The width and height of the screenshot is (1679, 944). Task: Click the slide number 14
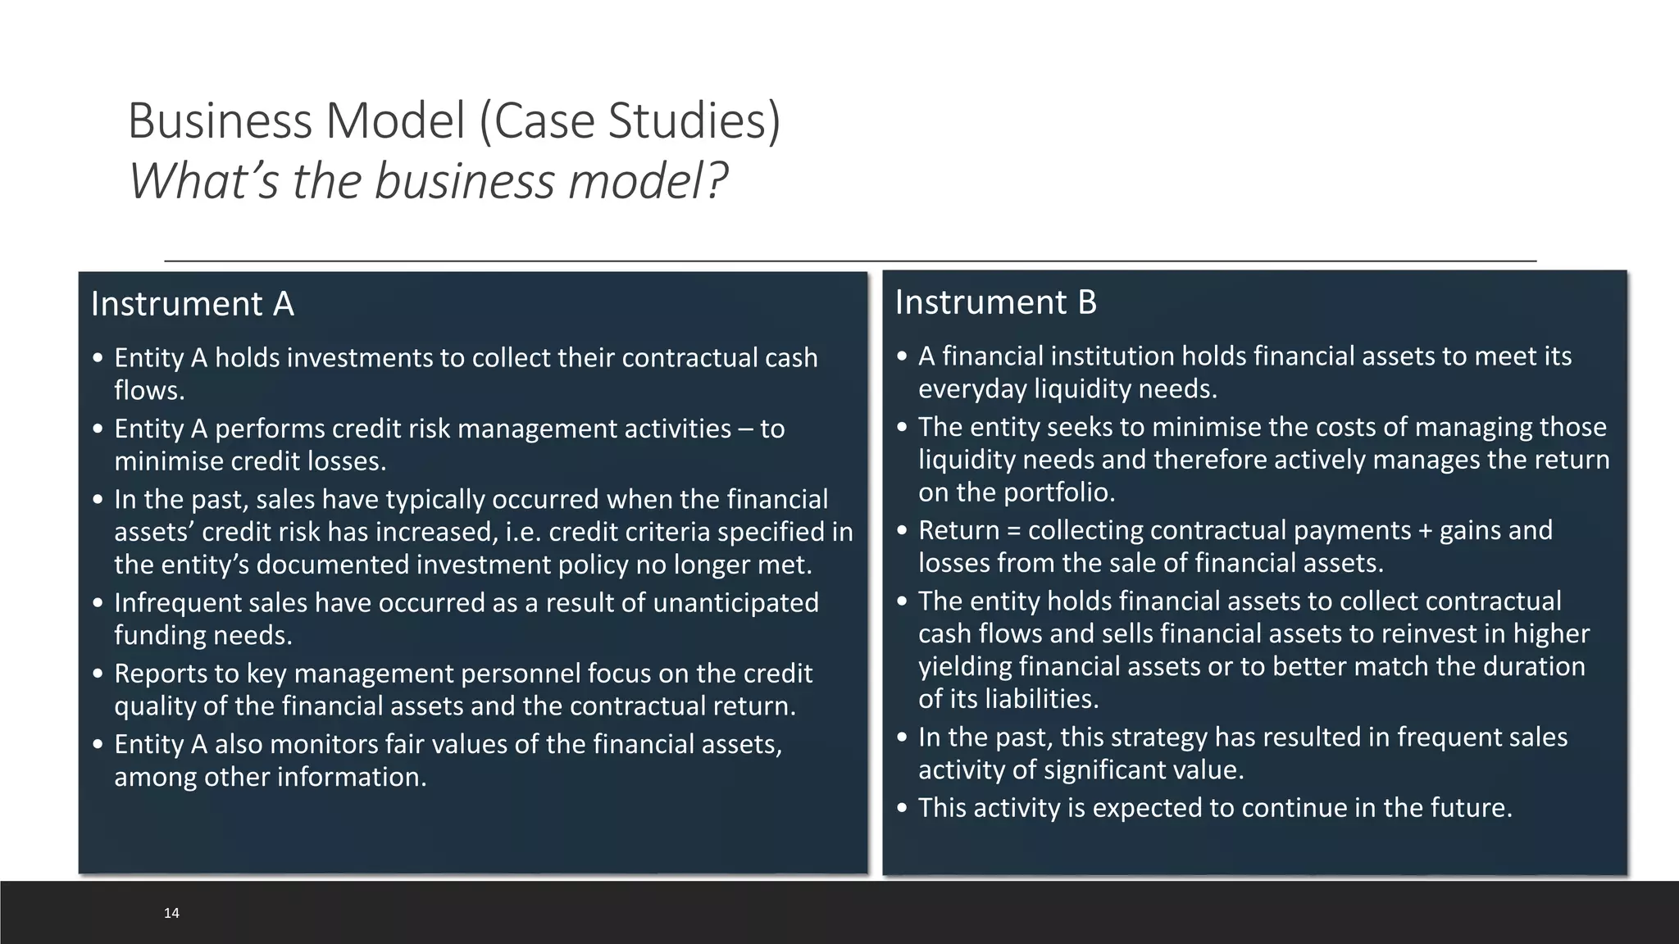click(x=171, y=913)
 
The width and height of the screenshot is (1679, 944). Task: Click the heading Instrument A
click(x=192, y=304)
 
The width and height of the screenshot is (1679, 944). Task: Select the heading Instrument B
click(x=995, y=302)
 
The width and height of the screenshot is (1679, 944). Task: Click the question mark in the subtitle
click(x=717, y=181)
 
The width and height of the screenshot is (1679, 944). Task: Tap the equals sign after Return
click(x=1013, y=530)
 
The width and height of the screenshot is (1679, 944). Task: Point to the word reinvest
click(x=1443, y=633)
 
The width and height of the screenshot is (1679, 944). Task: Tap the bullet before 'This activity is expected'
click(x=903, y=809)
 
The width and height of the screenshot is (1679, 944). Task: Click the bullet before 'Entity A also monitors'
click(x=98, y=745)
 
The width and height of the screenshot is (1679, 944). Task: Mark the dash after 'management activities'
click(x=746, y=429)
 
